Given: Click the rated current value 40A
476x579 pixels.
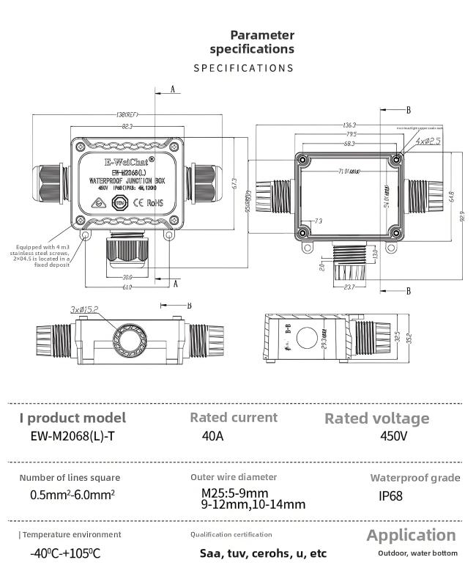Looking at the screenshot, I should pyautogui.click(x=212, y=435).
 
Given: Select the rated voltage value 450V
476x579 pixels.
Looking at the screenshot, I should pyautogui.click(x=393, y=436).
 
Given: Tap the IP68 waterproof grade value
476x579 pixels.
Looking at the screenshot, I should pyautogui.click(x=390, y=496).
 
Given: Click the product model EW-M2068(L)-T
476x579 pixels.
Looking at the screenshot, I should pyautogui.click(x=72, y=436).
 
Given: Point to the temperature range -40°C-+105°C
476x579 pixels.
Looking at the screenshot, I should pyautogui.click(x=65, y=553).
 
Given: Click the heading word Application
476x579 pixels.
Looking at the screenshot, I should pyautogui.click(x=411, y=535).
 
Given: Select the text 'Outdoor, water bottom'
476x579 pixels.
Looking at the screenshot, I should pyautogui.click(x=417, y=553).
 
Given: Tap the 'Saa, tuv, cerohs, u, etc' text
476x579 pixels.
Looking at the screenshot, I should pyautogui.click(x=263, y=553).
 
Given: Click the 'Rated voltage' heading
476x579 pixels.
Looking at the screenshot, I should pyautogui.click(x=376, y=418).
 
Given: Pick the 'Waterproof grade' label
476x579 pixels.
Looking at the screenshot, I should pyautogui.click(x=414, y=478).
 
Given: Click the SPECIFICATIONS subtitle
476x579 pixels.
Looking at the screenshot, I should pyautogui.click(x=243, y=68).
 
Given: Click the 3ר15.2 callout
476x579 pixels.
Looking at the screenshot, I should pyautogui.click(x=84, y=309).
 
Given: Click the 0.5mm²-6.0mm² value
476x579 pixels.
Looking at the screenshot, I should pyautogui.click(x=72, y=495).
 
